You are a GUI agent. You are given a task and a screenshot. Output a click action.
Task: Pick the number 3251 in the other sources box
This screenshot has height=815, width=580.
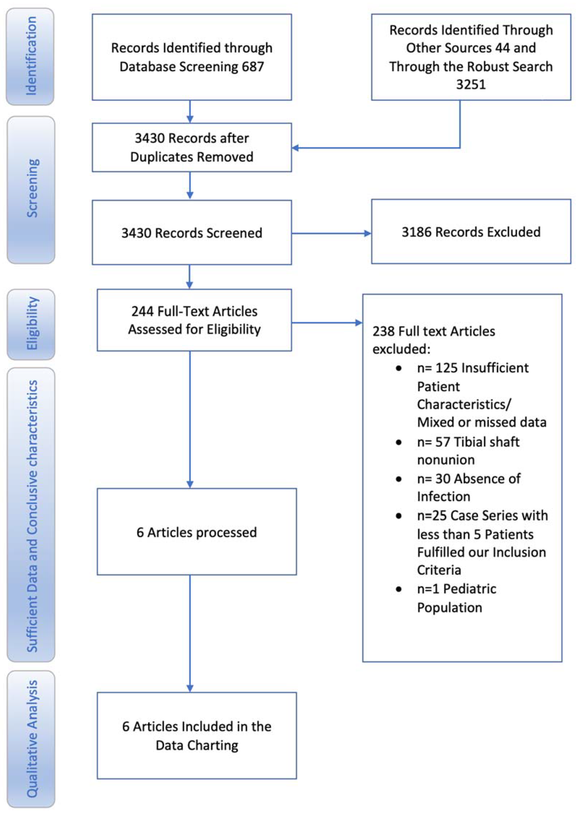pos(471,85)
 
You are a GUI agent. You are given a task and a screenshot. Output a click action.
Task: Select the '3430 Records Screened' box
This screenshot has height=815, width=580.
pos(192,233)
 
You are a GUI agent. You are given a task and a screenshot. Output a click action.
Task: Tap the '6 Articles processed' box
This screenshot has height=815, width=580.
pos(196,532)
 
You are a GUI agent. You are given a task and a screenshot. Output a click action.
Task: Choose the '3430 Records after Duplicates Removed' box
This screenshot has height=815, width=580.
pos(192,147)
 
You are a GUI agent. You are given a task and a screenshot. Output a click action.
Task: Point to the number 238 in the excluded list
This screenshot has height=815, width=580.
pos(383,331)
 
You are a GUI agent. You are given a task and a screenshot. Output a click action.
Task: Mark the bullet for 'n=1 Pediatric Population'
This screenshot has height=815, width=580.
pos(399,589)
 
